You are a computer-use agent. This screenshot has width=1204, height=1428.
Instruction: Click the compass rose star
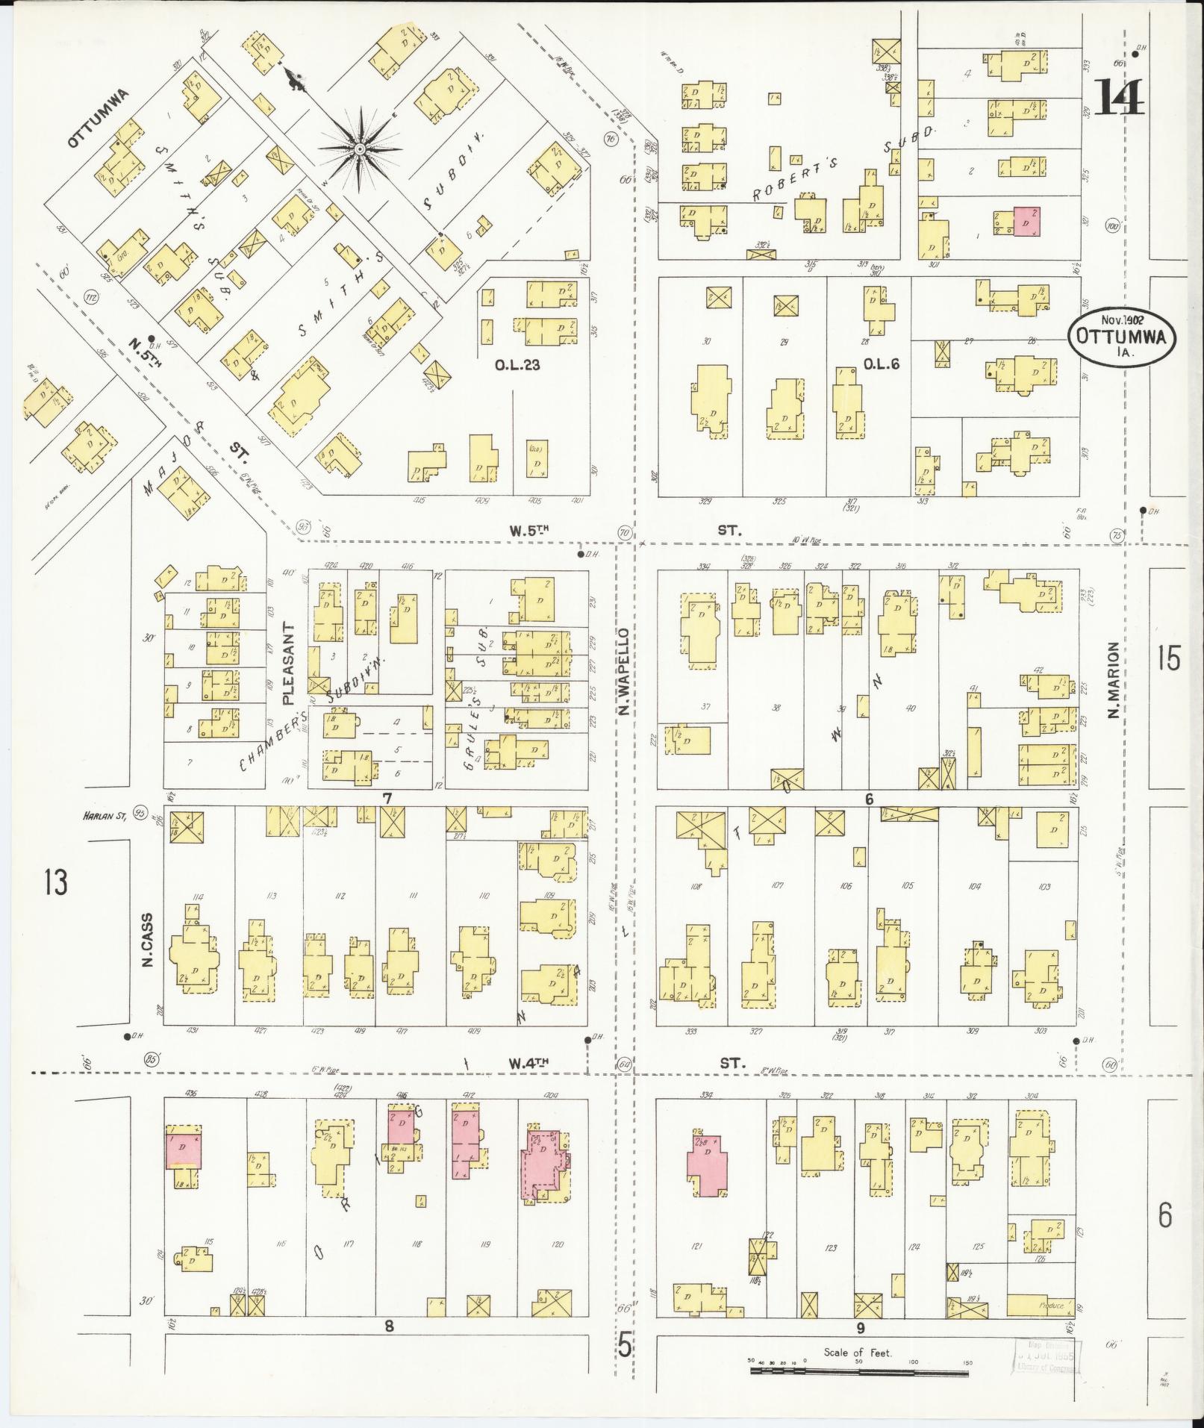pos(359,149)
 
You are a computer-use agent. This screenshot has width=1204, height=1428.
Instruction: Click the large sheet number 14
pos(1120,99)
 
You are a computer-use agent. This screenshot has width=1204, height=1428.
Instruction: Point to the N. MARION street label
pos(1114,680)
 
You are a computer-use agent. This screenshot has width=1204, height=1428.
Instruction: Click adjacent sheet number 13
pos(54,882)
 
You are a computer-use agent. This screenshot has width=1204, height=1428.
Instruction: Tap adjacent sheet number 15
pos(1169,660)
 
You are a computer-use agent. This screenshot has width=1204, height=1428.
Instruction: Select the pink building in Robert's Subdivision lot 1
pos(1027,222)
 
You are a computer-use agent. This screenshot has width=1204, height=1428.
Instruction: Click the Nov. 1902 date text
pos(1120,318)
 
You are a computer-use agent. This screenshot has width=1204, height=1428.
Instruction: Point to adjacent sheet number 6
pos(1165,1215)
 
